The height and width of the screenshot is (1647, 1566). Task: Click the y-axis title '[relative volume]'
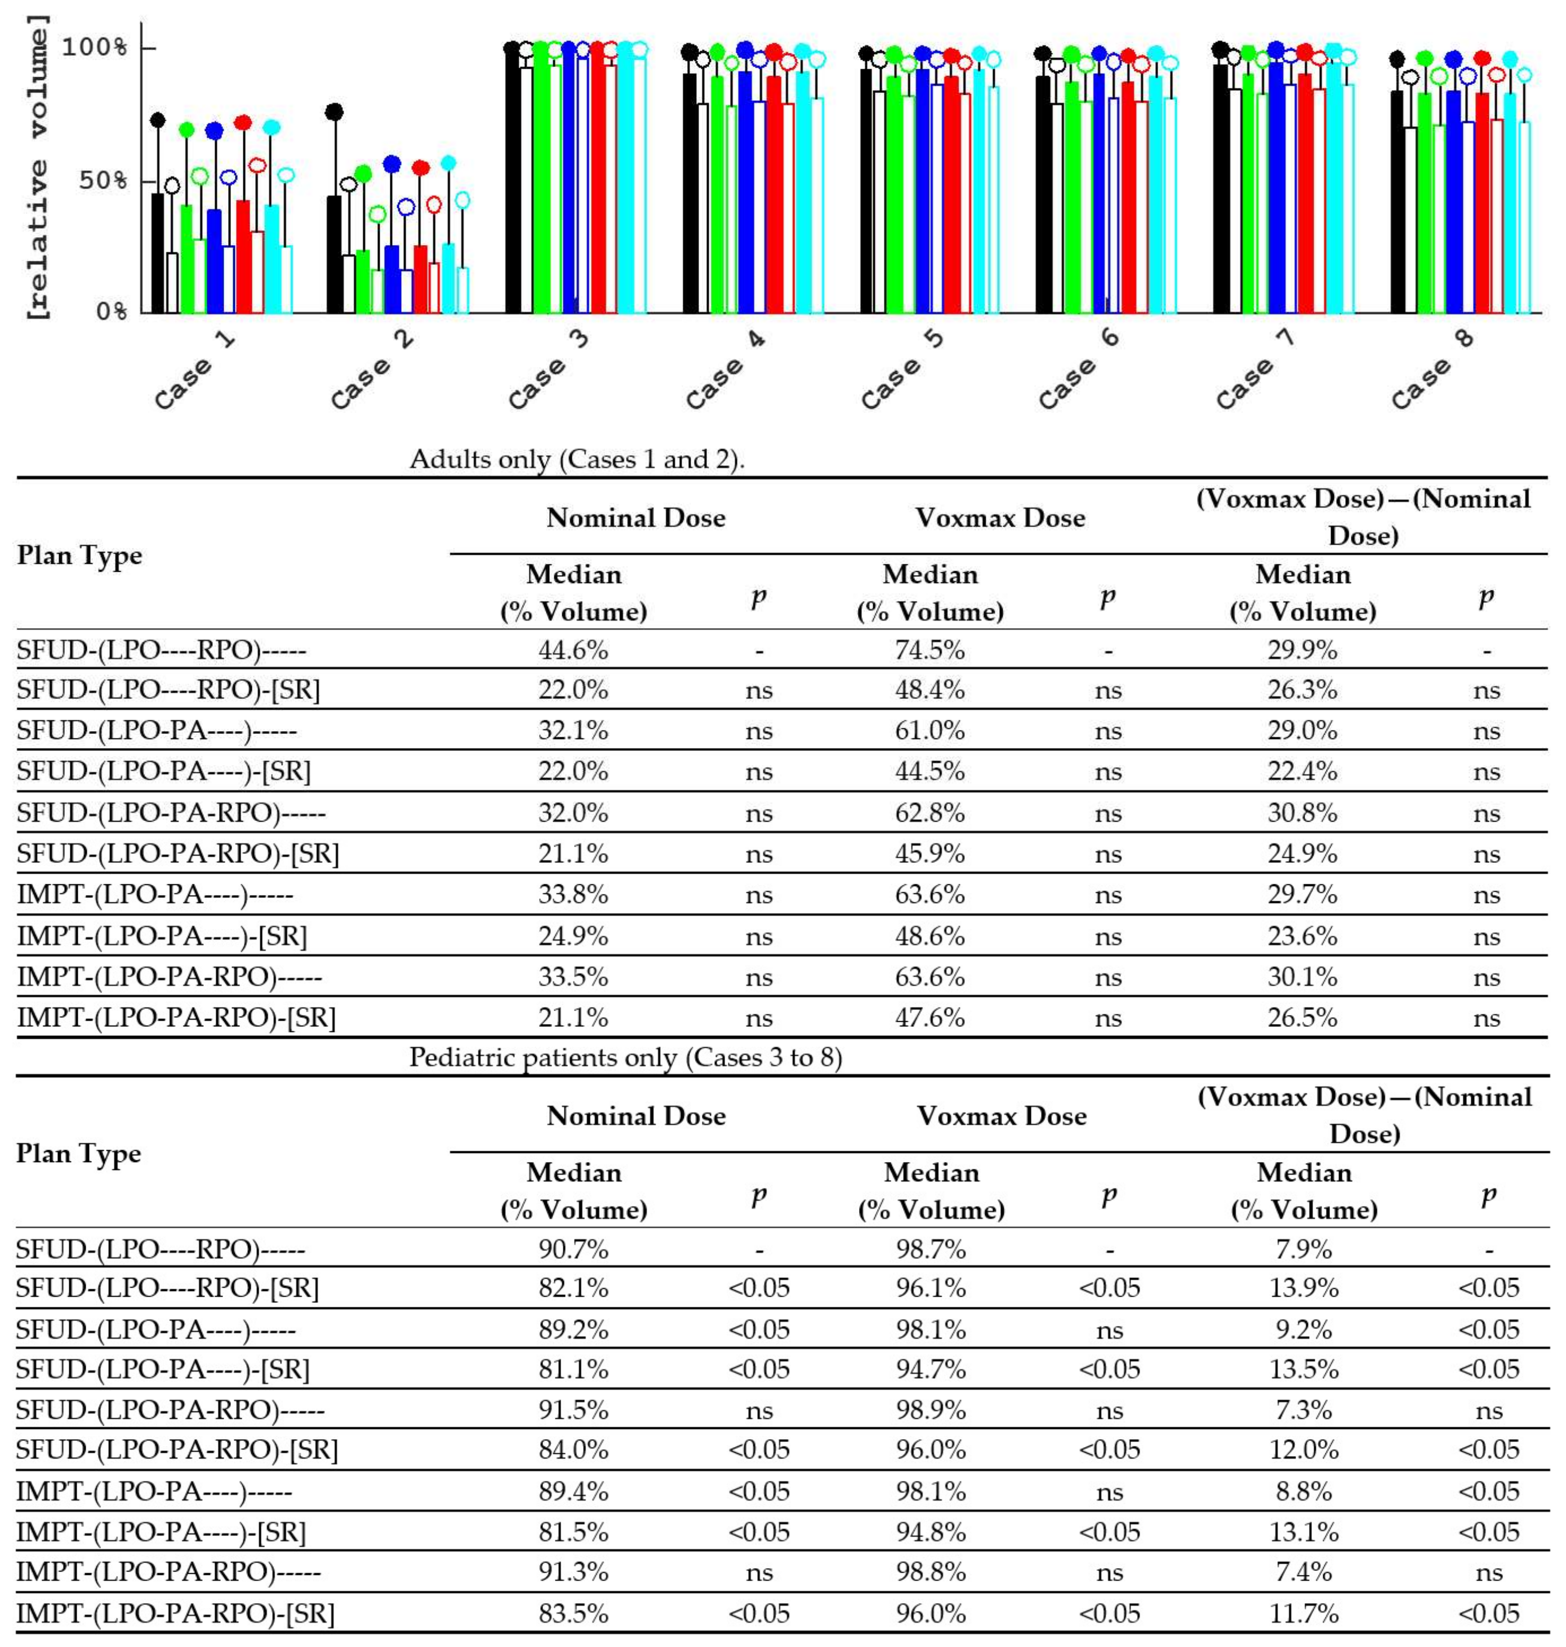[37, 167]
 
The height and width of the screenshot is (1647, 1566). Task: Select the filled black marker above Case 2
[334, 112]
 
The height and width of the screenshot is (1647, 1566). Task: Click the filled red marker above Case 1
[243, 123]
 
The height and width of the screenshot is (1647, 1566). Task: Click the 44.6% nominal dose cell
[573, 649]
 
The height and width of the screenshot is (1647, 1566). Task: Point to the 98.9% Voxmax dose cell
[931, 1410]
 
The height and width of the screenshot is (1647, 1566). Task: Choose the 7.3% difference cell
[1303, 1410]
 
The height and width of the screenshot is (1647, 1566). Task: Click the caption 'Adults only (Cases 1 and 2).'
[576, 459]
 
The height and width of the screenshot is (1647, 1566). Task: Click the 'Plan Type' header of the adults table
[79, 555]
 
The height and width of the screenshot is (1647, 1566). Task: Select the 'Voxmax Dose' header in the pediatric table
[1002, 1116]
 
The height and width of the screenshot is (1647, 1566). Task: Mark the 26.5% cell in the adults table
[1302, 1018]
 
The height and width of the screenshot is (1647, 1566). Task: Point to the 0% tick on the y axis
[111, 312]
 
